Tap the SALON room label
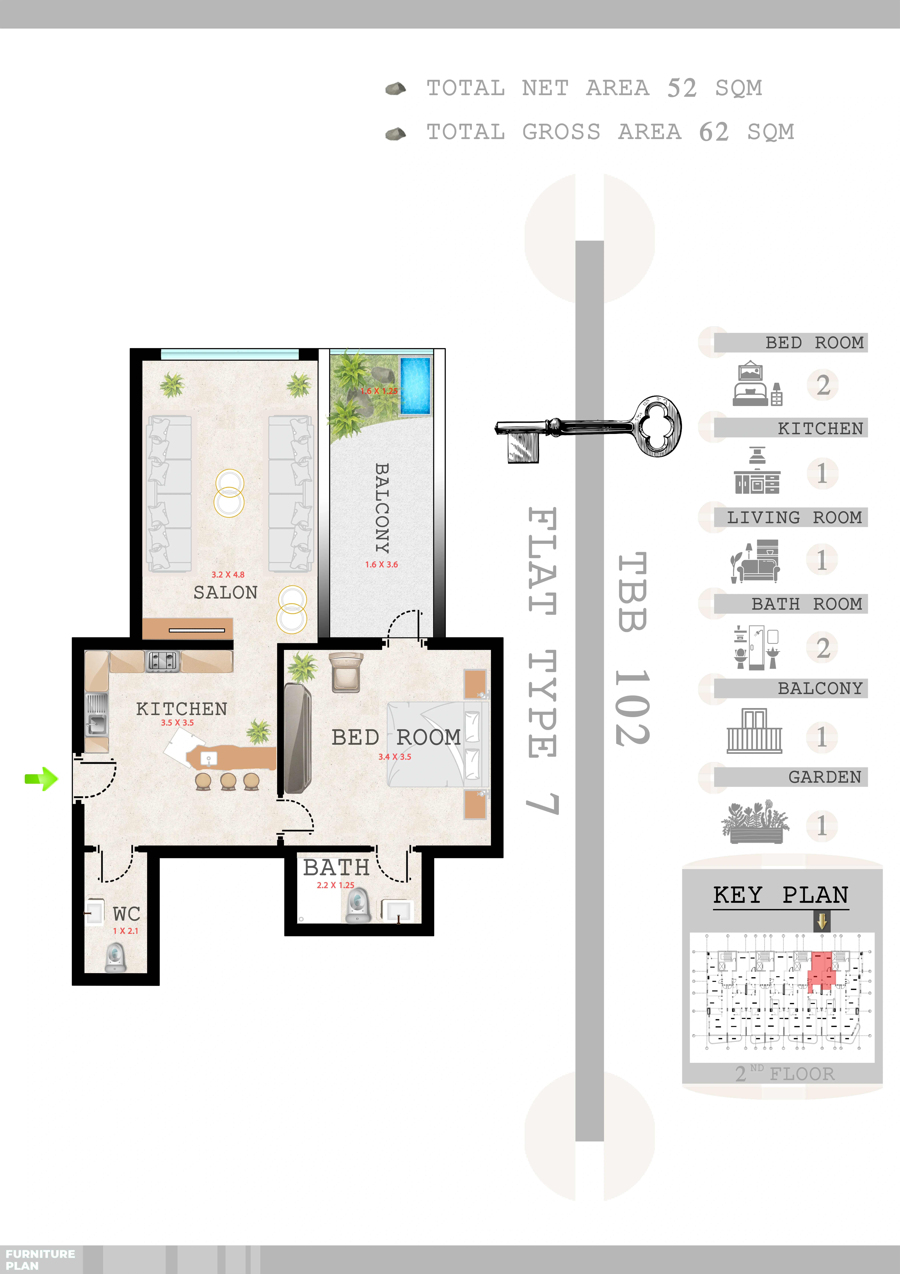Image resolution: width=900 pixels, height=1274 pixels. pyautogui.click(x=225, y=593)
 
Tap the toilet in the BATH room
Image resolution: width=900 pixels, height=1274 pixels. pyautogui.click(x=358, y=904)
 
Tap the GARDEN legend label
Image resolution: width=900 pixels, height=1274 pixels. pyautogui.click(x=825, y=777)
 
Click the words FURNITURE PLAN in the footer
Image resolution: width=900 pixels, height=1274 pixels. pyautogui.click(x=40, y=1260)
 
